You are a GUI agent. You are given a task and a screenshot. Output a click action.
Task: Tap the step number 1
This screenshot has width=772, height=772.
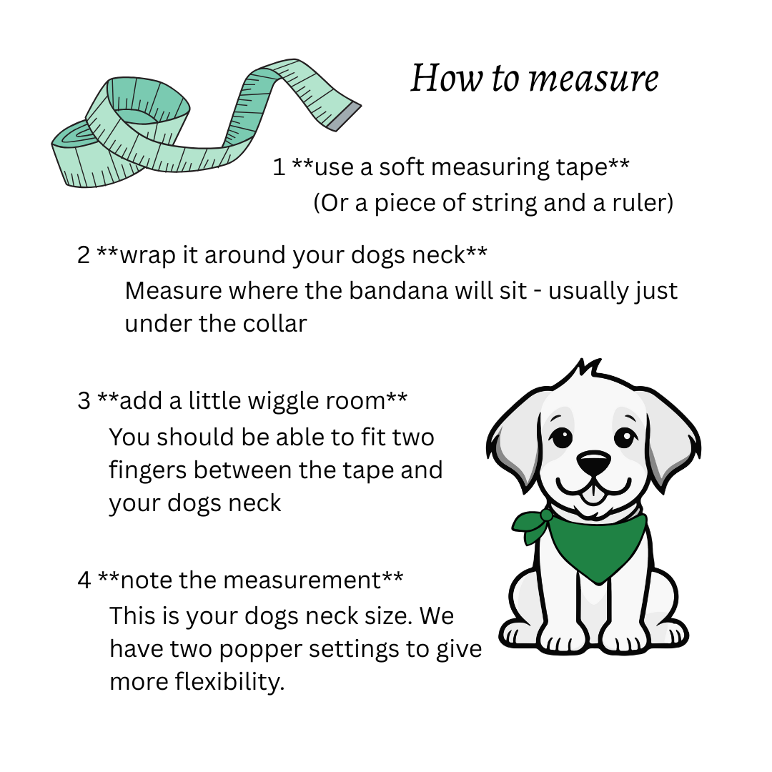point(279,167)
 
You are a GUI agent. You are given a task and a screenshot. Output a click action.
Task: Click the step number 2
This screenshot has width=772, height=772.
point(84,255)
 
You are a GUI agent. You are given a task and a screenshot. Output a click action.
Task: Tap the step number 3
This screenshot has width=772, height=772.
point(84,401)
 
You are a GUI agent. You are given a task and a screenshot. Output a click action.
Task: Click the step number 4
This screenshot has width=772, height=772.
point(84,580)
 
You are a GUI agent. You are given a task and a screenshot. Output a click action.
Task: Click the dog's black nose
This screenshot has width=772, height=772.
point(594,464)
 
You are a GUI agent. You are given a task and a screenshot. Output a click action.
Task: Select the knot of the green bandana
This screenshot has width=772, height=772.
point(546,515)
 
